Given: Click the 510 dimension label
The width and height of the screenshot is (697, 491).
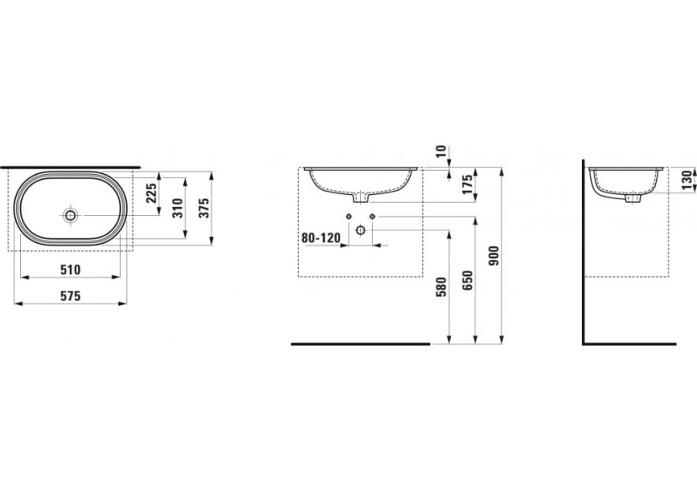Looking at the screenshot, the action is point(71,269).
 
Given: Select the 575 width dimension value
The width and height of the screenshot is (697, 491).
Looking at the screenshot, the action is point(71,296).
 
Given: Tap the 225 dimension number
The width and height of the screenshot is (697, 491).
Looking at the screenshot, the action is point(152,193).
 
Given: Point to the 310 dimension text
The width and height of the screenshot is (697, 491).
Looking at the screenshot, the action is point(177,208).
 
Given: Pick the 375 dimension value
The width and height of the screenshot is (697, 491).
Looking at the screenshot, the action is point(203,208).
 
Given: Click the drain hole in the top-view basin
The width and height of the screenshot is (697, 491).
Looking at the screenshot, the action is point(71,215).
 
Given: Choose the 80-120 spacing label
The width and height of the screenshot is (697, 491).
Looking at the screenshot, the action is point(321,237).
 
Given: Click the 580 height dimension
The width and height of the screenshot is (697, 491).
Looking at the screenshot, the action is point(441,288).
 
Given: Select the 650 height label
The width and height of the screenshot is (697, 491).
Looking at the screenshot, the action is point(467,281).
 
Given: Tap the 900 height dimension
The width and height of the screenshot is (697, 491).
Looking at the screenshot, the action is point(494,256).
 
